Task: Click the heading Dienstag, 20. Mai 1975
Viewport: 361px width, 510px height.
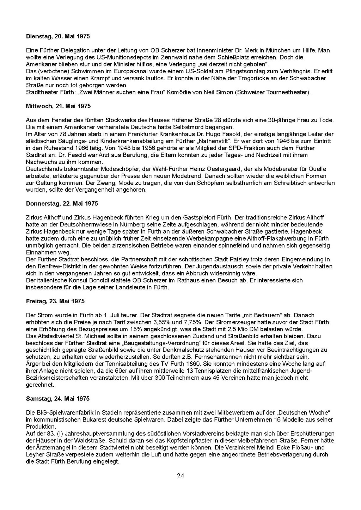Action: pyautogui.click(x=58, y=36)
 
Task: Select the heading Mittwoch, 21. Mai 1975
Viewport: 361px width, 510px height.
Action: pyautogui.click(x=58, y=106)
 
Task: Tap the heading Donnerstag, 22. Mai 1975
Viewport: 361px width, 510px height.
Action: pyautogui.click(x=62, y=204)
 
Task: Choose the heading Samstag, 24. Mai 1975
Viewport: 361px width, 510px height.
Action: pyautogui.click(x=58, y=399)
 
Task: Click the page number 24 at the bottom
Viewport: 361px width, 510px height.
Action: pyautogui.click(x=180, y=476)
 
